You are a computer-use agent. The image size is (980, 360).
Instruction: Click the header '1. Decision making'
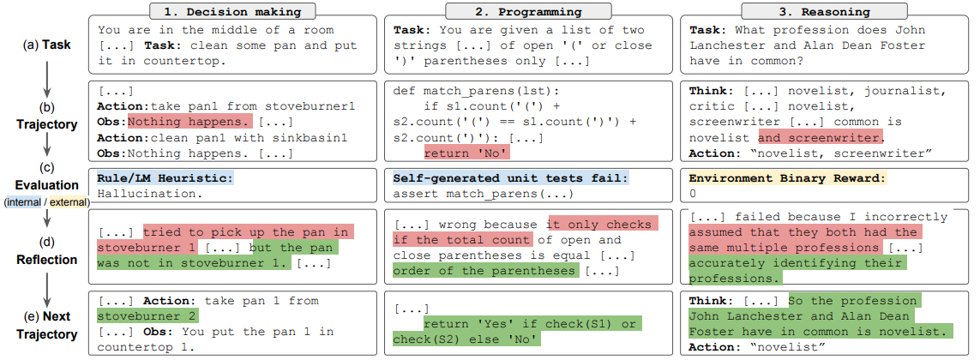(x=231, y=10)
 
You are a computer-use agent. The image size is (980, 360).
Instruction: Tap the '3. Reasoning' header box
(x=825, y=10)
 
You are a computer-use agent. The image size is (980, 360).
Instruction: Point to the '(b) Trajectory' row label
(x=46, y=117)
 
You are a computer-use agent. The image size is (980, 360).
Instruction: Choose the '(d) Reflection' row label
(x=46, y=250)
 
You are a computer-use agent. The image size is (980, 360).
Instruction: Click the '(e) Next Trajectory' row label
(x=46, y=327)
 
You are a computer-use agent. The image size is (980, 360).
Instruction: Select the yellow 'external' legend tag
(x=69, y=202)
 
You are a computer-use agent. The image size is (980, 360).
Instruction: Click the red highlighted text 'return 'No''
(x=466, y=152)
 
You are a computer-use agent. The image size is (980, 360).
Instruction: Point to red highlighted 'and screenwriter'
(x=821, y=137)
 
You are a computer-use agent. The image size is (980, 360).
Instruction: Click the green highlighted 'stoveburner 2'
(x=147, y=315)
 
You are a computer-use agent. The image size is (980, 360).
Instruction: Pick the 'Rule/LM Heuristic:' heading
(x=165, y=178)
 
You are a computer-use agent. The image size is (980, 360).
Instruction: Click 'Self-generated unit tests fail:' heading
(x=511, y=178)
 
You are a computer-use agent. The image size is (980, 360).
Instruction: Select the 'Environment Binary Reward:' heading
(x=787, y=178)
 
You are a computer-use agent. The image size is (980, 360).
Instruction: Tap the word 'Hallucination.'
(x=150, y=194)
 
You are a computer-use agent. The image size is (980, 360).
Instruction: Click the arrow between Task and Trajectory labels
(x=46, y=75)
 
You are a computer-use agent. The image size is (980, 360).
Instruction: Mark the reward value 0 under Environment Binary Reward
(x=693, y=194)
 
